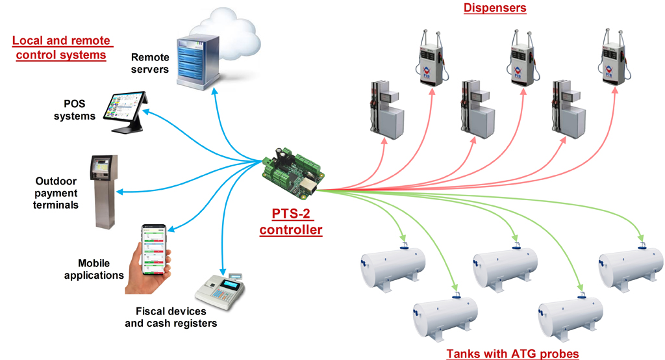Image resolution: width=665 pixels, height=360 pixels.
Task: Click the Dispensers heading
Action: [x=494, y=8]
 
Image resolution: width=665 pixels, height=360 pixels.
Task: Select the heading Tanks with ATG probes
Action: [x=512, y=353]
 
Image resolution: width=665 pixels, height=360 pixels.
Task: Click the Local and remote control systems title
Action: [x=61, y=48]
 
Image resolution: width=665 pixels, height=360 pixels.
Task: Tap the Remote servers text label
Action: [x=149, y=63]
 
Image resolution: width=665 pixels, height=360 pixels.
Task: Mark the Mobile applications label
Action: [x=101, y=269]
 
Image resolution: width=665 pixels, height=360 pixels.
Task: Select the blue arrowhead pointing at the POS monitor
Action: [x=145, y=112]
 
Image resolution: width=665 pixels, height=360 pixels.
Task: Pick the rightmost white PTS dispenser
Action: [x=612, y=62]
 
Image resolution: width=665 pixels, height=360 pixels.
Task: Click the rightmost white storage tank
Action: [x=629, y=264]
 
